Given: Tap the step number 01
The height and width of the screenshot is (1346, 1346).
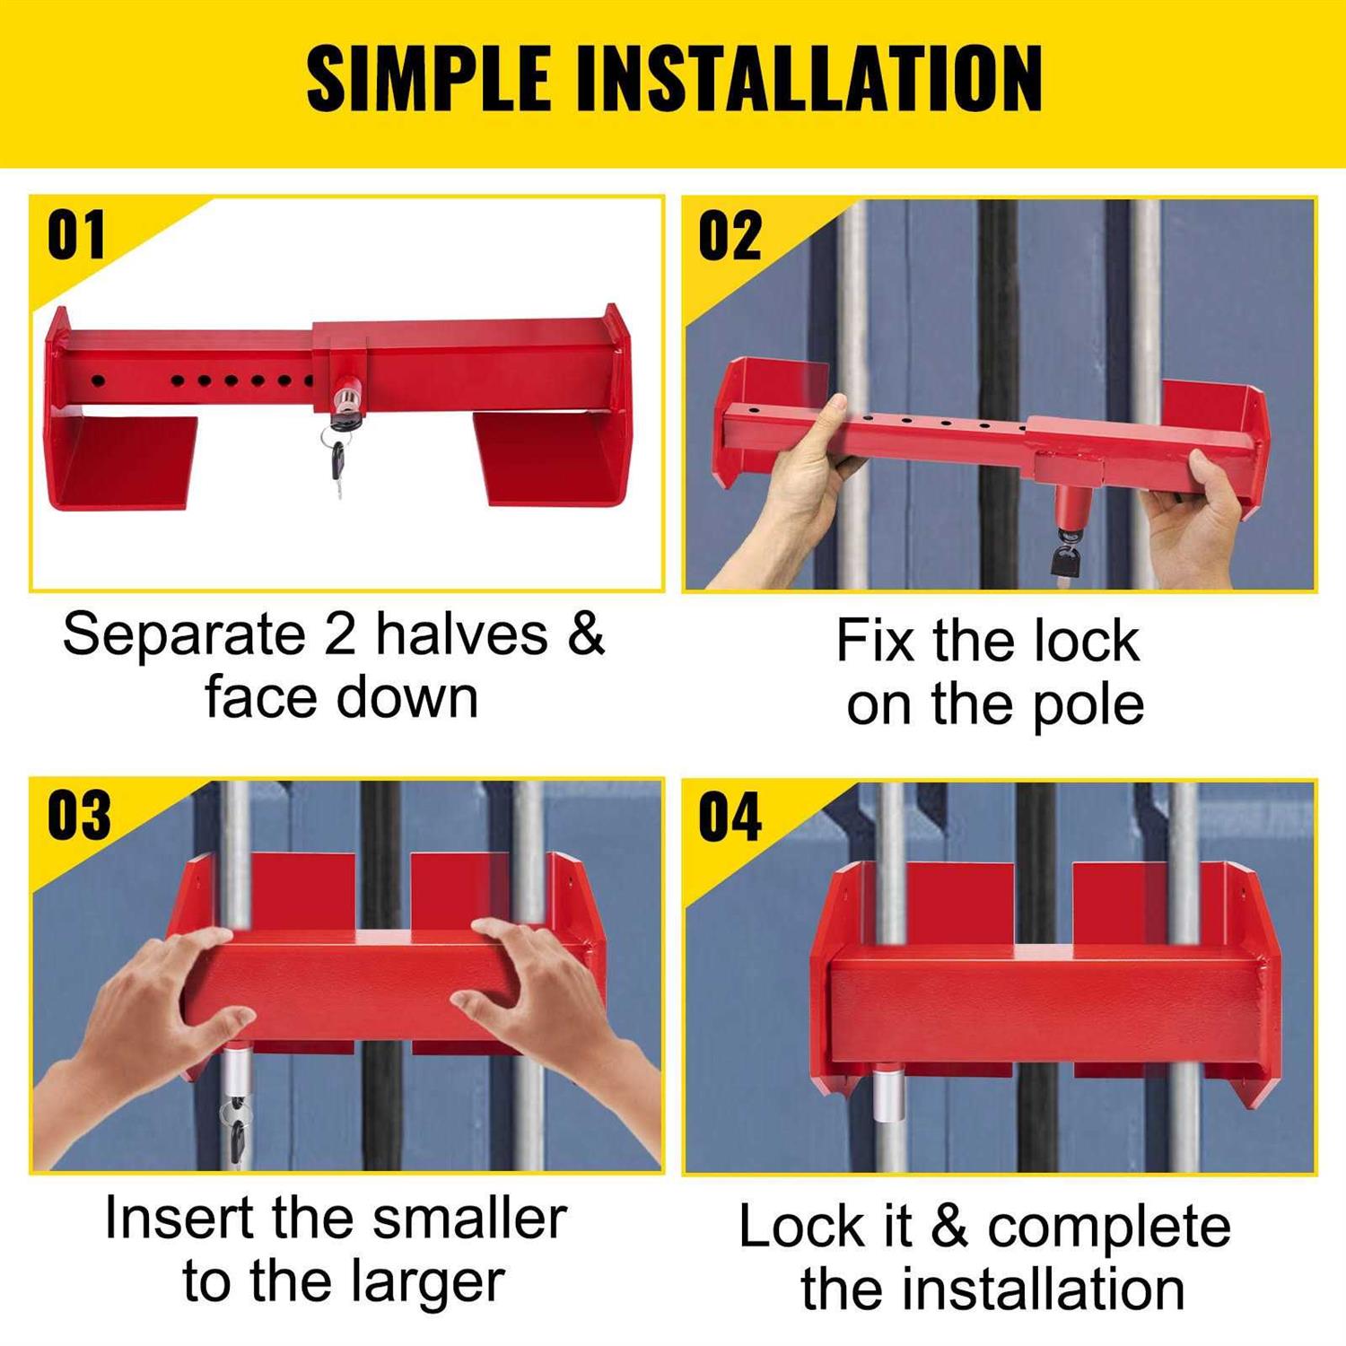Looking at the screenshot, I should pos(76,236).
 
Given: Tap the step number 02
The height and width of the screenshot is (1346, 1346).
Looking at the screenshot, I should pos(730,236).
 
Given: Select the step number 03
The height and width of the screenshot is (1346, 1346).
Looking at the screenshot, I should pos(79,817).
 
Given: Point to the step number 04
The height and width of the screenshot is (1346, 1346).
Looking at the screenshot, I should pos(730,817).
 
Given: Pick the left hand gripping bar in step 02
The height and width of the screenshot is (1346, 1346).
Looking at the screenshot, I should pos(808,467).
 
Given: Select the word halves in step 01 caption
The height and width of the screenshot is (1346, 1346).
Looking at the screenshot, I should pos(461,634).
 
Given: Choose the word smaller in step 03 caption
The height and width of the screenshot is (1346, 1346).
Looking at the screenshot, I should pos(469,1219).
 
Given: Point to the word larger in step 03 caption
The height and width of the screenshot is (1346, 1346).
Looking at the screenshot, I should pos(428,1282).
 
